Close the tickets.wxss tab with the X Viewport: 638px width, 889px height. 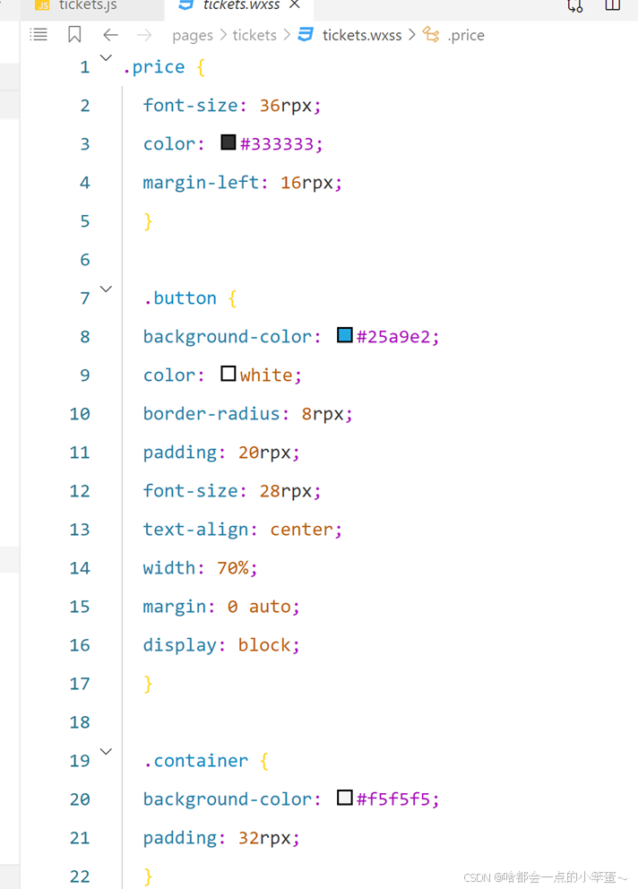295,4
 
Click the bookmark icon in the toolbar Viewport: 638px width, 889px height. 74,35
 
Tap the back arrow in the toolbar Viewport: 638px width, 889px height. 110,35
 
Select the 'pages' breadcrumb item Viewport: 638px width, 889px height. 193,35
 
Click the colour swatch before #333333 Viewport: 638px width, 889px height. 228,142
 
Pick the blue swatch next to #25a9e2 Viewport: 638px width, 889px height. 345,335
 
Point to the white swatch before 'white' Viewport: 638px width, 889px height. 228,374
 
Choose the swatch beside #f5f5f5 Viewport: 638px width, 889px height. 345,798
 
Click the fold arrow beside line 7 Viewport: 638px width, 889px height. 106,289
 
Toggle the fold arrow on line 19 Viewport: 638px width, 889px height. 106,751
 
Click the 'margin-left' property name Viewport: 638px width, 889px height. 201,182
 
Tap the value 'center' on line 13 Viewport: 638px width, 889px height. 300,529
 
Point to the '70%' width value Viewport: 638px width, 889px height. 237,567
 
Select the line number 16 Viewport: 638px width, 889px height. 80,644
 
